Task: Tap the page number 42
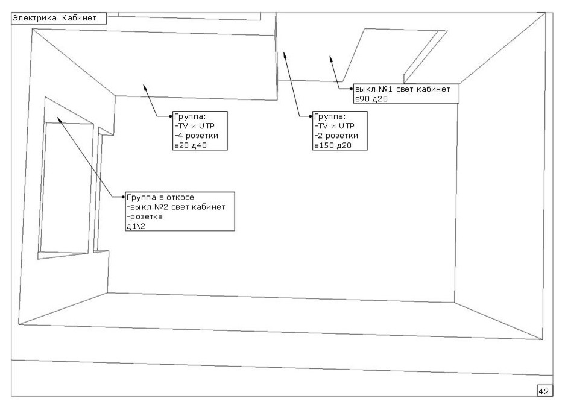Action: click(x=543, y=392)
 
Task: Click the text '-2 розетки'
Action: click(x=333, y=136)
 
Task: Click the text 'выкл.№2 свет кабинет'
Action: click(x=175, y=207)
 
